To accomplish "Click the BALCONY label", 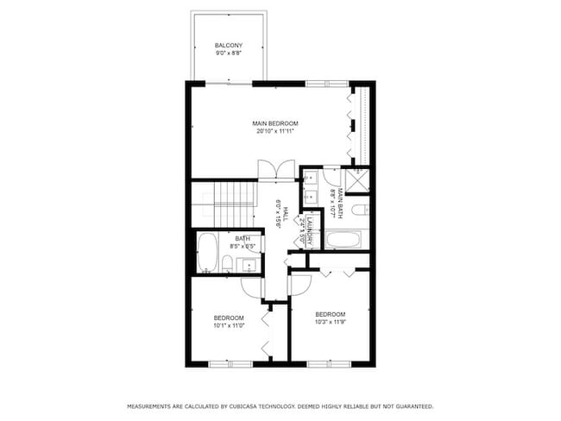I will click(x=229, y=46).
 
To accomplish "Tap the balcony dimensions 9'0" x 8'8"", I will click(x=229, y=53).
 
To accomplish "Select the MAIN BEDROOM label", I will click(x=276, y=124).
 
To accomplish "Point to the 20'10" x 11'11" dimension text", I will click(x=276, y=132).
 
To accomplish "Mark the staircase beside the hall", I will click(x=234, y=202).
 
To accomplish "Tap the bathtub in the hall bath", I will click(x=208, y=252).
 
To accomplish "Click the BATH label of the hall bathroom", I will click(x=243, y=238).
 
